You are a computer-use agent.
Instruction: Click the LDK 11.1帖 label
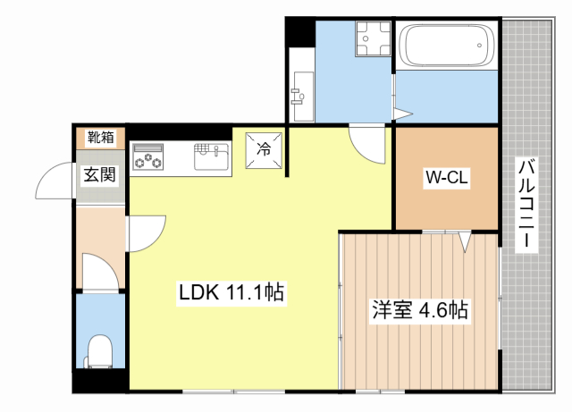pyautogui.click(x=231, y=292)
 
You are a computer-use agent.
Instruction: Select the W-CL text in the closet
pyautogui.click(x=446, y=178)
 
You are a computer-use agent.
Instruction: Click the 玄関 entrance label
pyautogui.click(x=99, y=174)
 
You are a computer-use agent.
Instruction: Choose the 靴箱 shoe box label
pyautogui.click(x=100, y=138)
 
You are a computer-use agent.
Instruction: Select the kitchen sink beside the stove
pyautogui.click(x=211, y=156)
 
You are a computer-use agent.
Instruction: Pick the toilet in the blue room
pyautogui.click(x=99, y=350)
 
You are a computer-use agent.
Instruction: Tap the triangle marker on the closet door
pyautogui.click(x=464, y=240)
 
